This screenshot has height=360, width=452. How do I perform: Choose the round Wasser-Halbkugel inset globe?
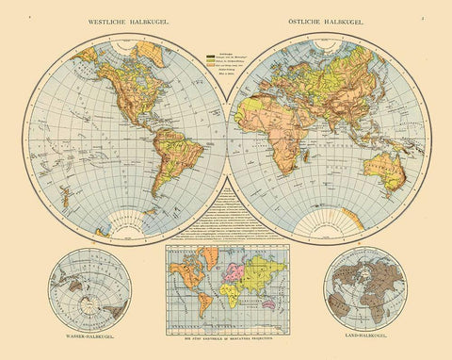82,287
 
